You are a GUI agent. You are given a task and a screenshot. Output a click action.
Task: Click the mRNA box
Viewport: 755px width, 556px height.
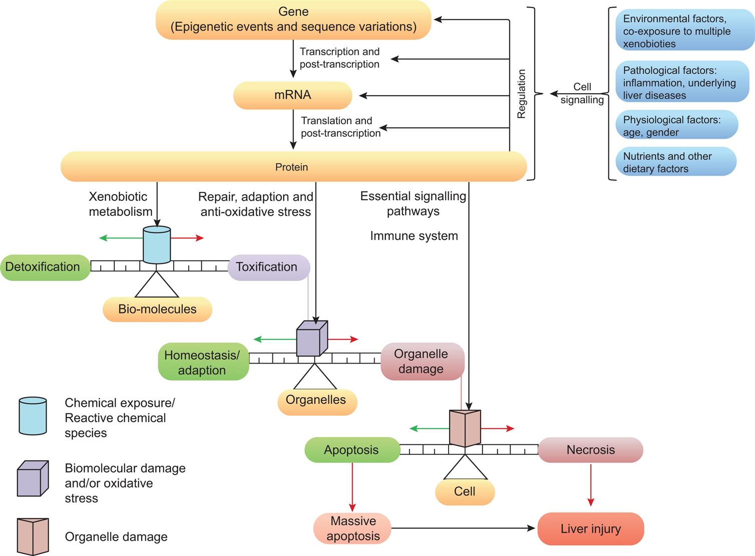coord(293,95)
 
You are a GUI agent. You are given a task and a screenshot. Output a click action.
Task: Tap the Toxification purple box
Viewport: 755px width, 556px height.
coord(268,267)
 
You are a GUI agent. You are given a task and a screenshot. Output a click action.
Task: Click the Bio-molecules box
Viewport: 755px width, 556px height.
coord(157,309)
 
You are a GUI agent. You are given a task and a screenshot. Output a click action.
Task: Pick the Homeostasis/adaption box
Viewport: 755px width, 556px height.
coord(203,362)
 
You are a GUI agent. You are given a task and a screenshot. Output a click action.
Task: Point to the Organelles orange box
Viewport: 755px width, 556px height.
coord(316,400)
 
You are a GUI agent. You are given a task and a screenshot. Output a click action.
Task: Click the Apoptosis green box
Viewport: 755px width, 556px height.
coord(352,450)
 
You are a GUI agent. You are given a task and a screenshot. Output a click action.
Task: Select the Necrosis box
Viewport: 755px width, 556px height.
coord(590,450)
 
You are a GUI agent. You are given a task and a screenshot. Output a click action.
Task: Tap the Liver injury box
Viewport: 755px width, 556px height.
coord(590,529)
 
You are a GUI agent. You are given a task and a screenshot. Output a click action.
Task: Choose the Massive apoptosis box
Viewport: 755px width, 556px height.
coord(352,528)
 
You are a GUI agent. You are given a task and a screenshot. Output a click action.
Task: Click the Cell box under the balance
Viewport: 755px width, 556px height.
coord(465,491)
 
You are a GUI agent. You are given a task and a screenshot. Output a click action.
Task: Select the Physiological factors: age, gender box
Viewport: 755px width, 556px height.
coord(676,126)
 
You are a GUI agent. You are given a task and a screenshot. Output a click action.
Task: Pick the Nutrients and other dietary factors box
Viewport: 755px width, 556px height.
coord(675,162)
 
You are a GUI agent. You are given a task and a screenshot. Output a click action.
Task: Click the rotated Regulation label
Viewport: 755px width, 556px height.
coord(522,94)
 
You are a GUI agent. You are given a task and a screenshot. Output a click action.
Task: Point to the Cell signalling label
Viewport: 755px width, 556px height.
coord(582,93)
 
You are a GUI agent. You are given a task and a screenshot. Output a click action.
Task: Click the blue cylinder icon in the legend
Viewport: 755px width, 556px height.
coord(33,416)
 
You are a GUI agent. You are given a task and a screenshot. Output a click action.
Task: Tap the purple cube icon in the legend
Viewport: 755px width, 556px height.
coord(33,478)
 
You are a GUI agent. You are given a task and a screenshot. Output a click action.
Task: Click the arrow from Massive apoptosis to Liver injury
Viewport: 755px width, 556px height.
coord(463,528)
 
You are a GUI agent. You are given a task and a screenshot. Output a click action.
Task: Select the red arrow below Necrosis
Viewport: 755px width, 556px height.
coord(591,485)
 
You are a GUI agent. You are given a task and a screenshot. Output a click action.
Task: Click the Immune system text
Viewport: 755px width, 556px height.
coord(414,236)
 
